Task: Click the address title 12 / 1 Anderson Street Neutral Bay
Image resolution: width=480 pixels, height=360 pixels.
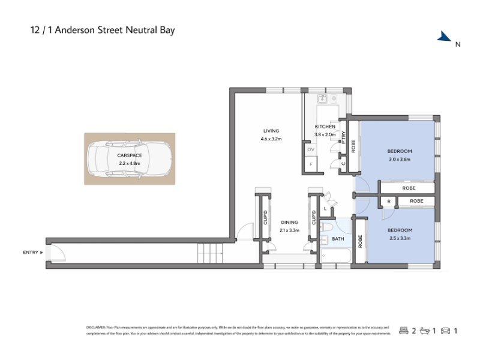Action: (x=103, y=29)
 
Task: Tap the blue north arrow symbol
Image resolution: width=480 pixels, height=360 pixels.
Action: (x=445, y=37)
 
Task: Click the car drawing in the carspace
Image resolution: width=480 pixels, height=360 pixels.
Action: (x=129, y=158)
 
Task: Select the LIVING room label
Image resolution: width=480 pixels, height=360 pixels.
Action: (x=271, y=131)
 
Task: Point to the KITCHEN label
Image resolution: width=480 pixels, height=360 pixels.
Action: (x=325, y=127)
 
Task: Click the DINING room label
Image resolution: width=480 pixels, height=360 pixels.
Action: (x=289, y=222)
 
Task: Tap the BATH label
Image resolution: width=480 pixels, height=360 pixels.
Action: (x=338, y=239)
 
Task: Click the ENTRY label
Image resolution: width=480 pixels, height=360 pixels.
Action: (x=30, y=253)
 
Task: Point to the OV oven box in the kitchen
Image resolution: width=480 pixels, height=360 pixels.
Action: (x=311, y=149)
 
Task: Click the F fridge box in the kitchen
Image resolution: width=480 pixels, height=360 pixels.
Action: (x=311, y=163)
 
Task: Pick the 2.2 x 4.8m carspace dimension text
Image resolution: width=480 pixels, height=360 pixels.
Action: (x=129, y=163)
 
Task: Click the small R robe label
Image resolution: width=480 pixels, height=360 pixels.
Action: (x=389, y=201)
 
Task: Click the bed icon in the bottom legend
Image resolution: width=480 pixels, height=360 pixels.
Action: (x=404, y=331)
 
